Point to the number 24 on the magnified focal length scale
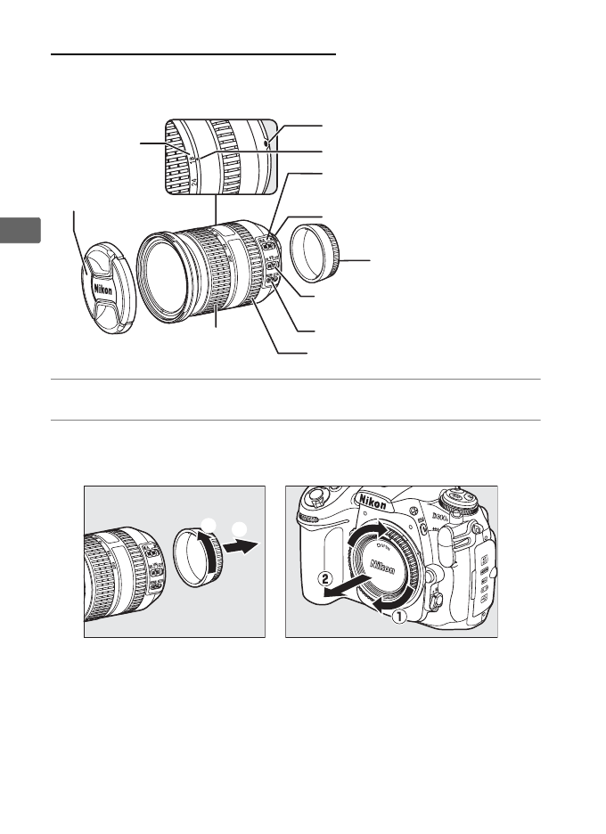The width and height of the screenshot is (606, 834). point(193,184)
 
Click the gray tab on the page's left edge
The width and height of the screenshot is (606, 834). point(20,230)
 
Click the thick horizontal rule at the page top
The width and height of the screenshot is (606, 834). point(193,53)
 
